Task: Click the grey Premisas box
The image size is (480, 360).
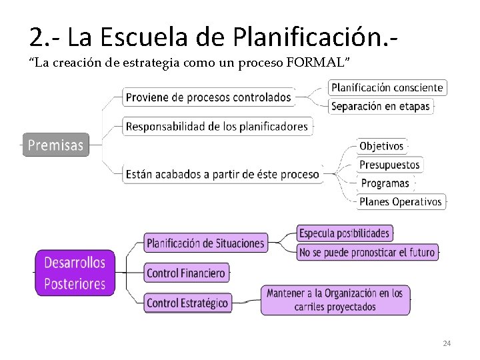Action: pos(56,144)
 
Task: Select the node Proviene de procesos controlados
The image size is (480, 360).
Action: pos(208,97)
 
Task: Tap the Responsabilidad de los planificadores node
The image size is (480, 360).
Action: pos(217,126)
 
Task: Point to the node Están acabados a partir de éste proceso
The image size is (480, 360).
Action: pos(222,174)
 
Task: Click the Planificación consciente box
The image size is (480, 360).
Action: pos(387,87)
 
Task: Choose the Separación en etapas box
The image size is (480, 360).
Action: pos(380,106)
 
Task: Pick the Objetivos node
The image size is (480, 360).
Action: pos(381,146)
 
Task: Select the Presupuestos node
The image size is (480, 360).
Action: pos(389,165)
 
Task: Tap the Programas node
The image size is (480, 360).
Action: pos(385,183)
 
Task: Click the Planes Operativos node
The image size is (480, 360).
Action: pos(400,201)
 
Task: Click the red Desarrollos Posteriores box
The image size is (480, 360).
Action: pos(75,273)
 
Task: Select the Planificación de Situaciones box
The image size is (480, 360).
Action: pos(205,243)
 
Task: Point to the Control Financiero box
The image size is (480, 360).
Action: pos(186,273)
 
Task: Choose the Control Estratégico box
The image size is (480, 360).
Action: pos(187,303)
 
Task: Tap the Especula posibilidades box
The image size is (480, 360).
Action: pos(344,233)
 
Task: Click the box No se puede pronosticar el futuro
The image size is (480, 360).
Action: pos(367,252)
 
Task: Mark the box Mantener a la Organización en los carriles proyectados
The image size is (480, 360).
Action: pos(335,300)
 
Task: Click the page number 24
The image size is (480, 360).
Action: pos(447,343)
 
